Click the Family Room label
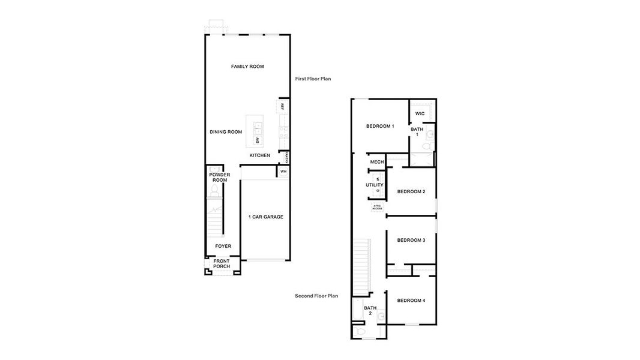(x=247, y=67)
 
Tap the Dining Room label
(x=226, y=132)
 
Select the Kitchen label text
(x=260, y=155)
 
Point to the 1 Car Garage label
(x=265, y=217)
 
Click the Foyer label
(x=223, y=246)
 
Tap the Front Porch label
(x=222, y=264)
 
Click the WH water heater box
(x=283, y=172)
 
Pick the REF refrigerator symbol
(x=282, y=106)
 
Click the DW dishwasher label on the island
(x=257, y=140)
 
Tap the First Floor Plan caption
(x=313, y=79)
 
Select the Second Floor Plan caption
(x=316, y=296)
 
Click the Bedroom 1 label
(x=380, y=126)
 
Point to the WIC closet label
(x=420, y=113)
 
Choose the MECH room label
(x=376, y=162)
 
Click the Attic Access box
(x=377, y=207)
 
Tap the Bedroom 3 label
(x=411, y=240)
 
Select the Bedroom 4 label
(x=411, y=300)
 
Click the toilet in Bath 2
(x=360, y=331)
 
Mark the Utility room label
(x=374, y=185)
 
